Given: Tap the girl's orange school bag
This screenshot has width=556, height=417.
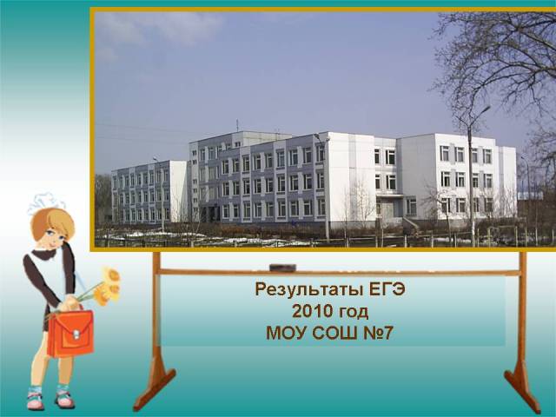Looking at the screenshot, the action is (x=70, y=334).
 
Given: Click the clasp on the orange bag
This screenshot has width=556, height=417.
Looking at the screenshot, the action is (x=76, y=334).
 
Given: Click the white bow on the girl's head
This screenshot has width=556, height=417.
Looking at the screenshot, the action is (x=45, y=202).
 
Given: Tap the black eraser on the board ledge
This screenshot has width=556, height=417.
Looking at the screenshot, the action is (x=282, y=268).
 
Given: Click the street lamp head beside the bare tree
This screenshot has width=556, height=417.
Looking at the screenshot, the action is (x=485, y=109).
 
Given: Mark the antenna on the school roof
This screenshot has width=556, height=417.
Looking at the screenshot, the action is (x=237, y=126).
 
